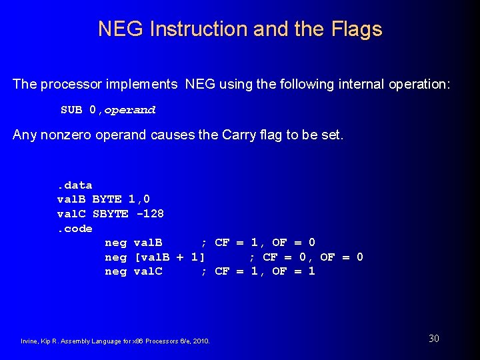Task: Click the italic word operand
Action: point(130,110)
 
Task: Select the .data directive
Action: point(75,185)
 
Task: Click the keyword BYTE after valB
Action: point(107,199)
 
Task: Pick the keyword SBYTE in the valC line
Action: point(110,214)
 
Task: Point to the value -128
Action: point(149,214)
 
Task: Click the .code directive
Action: point(75,229)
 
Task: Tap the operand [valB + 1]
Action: point(169,257)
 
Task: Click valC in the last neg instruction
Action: point(148,271)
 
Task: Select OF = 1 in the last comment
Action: point(293,271)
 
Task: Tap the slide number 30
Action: point(434,339)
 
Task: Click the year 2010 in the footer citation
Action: point(201,341)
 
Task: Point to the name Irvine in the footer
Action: point(31,341)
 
